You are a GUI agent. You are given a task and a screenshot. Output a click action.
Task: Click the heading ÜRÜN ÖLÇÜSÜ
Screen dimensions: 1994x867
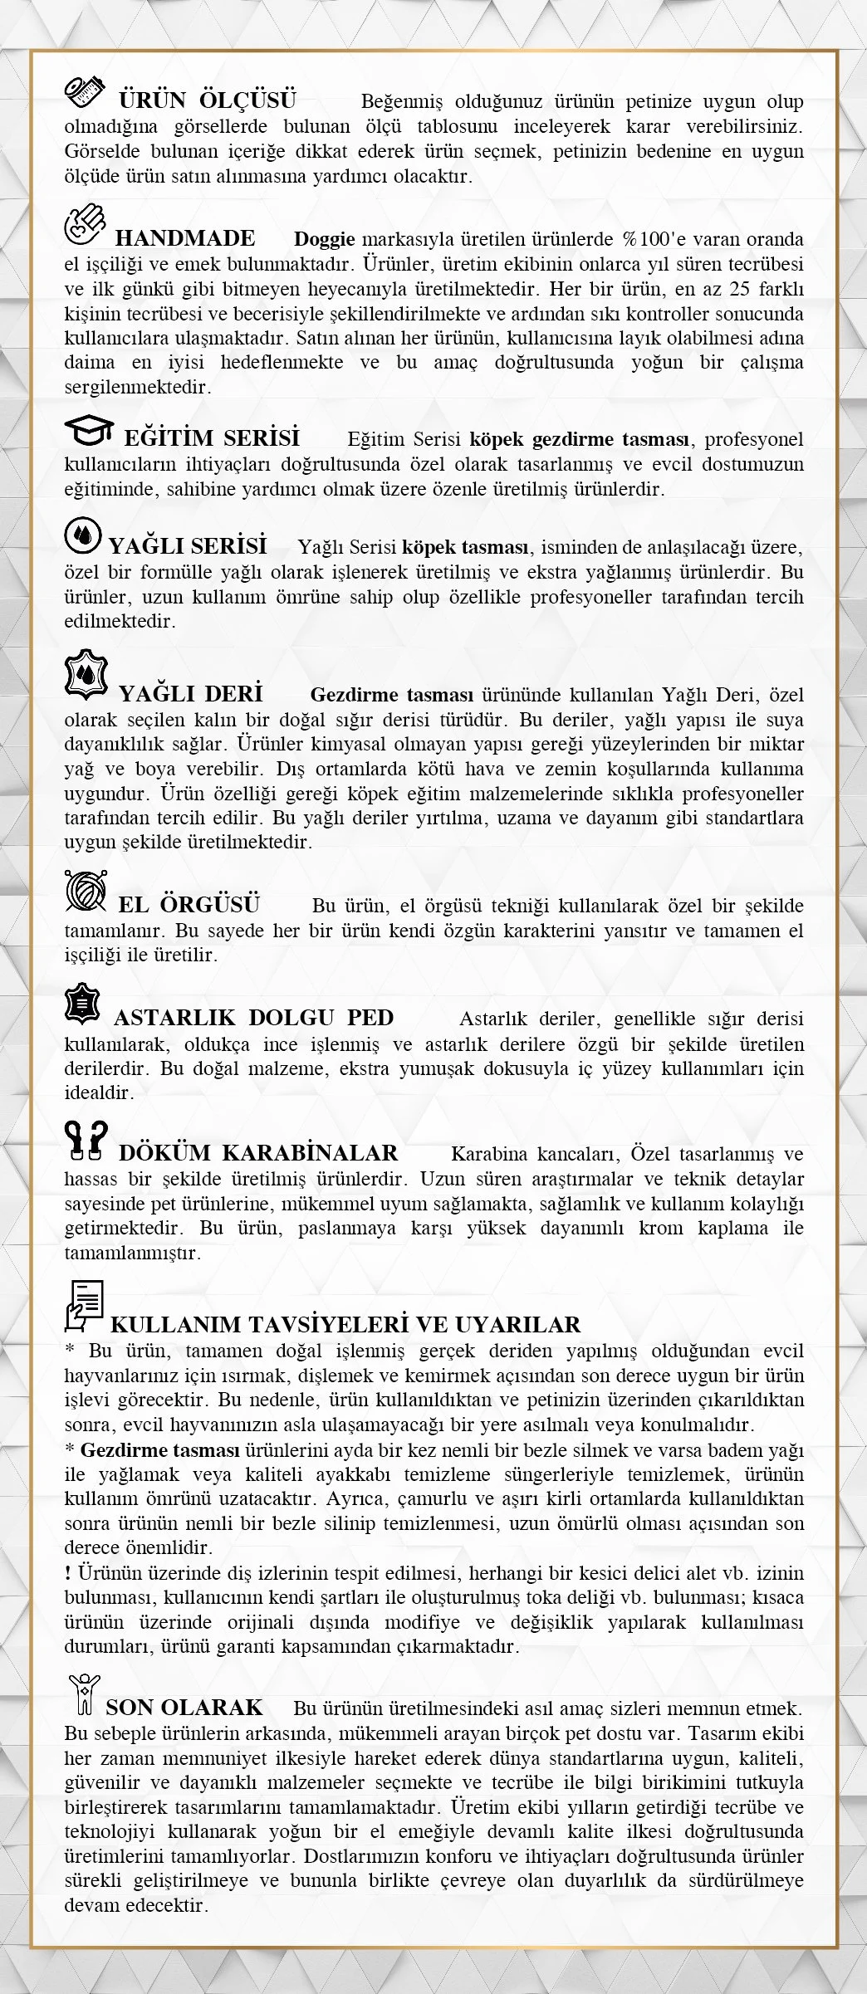[207, 101]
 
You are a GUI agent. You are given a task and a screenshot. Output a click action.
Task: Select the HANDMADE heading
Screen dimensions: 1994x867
[184, 239]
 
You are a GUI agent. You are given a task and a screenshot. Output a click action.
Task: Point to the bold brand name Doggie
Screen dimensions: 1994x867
[325, 240]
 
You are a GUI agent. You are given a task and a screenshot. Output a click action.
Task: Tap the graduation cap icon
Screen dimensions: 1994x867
[90, 432]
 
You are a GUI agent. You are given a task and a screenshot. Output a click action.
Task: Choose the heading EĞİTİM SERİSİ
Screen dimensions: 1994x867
[212, 437]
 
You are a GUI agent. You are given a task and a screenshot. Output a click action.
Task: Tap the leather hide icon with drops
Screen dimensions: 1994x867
[86, 677]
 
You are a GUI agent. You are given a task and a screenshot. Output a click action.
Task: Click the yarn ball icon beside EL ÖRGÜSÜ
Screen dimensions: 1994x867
[86, 895]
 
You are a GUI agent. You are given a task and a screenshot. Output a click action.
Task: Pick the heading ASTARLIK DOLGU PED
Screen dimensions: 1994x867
[253, 1018]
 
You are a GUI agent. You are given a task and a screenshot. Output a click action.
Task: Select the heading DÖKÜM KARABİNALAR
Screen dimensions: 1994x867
[258, 1153]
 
